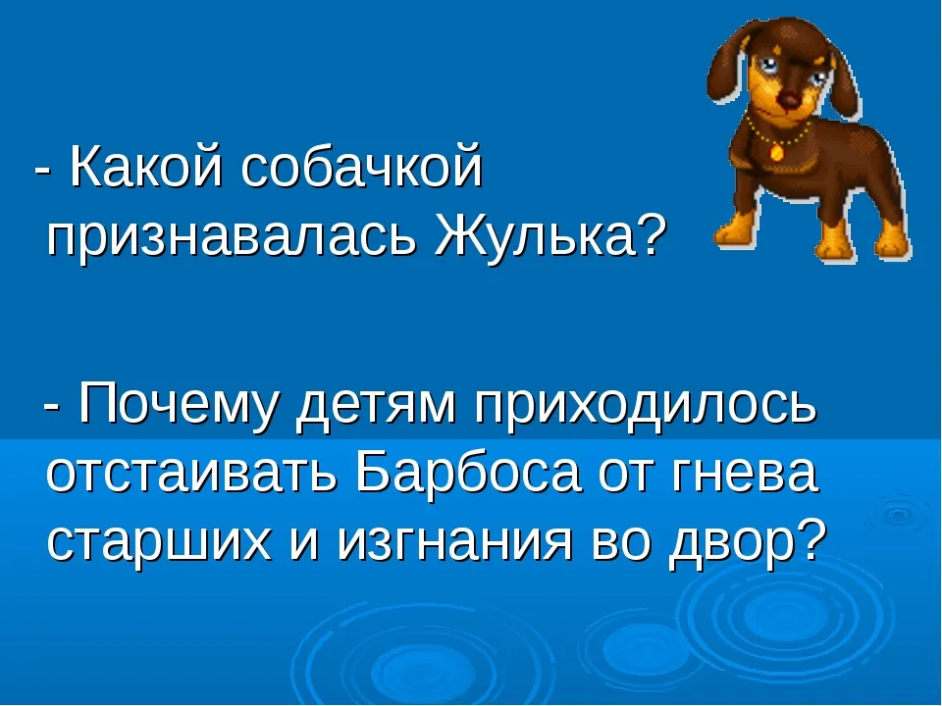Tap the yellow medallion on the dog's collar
pos(776,151)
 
